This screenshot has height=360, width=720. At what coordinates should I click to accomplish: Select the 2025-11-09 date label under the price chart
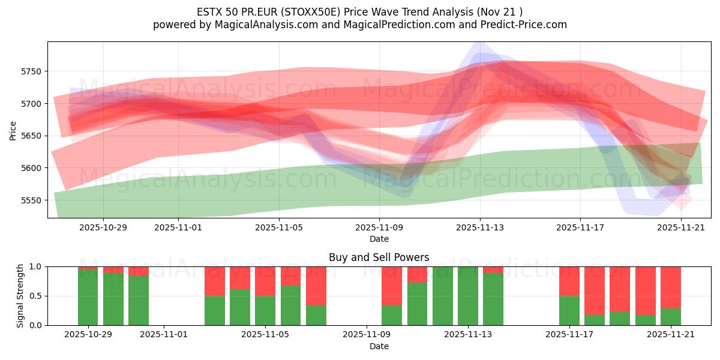point(379,228)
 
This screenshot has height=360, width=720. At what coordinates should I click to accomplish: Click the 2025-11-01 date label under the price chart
point(178,228)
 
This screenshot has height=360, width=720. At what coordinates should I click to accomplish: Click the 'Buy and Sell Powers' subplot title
point(379,257)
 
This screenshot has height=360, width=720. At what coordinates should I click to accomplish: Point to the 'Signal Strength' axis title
point(20,296)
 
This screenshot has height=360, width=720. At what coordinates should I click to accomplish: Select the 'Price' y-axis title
point(13,130)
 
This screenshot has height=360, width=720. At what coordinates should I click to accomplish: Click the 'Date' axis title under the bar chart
point(379,346)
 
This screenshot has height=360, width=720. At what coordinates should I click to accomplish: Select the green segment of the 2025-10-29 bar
point(88,297)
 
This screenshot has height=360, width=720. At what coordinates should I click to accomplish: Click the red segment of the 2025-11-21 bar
point(670,287)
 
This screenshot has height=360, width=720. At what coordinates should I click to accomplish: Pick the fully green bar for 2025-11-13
point(467,296)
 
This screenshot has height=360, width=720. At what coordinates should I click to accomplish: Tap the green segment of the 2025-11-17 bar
point(569,310)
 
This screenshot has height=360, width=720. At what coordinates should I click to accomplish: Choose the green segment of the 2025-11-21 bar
point(670,317)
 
